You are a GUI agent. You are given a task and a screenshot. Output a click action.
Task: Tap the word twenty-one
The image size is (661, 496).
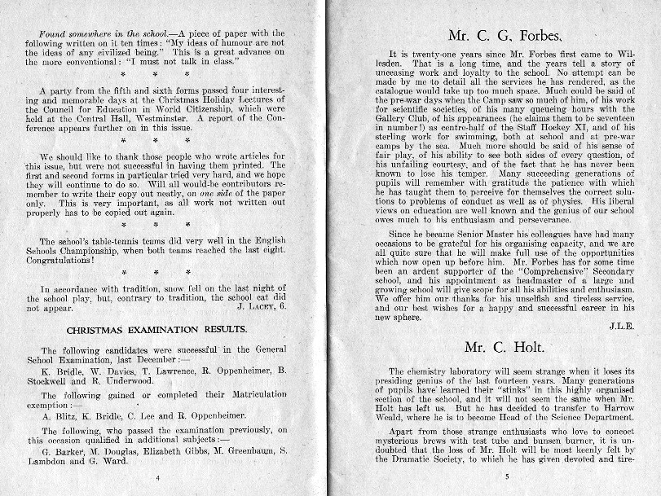414,53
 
